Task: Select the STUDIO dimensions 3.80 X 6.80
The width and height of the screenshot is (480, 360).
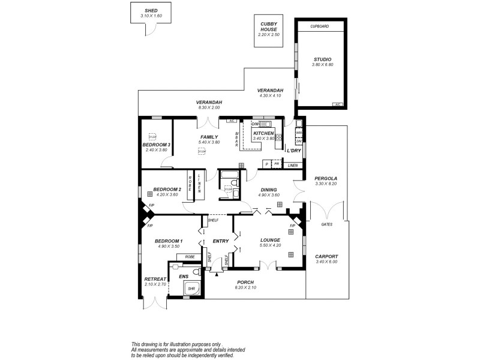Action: point(322,64)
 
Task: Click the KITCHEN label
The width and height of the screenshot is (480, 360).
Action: point(263,133)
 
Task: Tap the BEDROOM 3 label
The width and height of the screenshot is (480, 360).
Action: point(157,145)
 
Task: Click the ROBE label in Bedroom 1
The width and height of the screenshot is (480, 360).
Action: point(190,257)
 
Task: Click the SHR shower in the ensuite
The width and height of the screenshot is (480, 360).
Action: point(191,289)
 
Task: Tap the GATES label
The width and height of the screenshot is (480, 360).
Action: point(326,224)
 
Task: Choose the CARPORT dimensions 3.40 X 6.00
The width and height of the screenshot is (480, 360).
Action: point(326,262)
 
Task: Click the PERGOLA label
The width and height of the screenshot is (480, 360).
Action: point(326,178)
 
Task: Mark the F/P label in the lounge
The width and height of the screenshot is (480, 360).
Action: point(292,226)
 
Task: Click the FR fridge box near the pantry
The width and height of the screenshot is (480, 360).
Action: point(277,164)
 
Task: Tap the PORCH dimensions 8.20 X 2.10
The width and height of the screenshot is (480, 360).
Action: point(245,288)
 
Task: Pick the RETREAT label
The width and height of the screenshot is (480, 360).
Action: point(155,279)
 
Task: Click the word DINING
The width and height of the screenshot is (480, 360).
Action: point(268,190)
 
